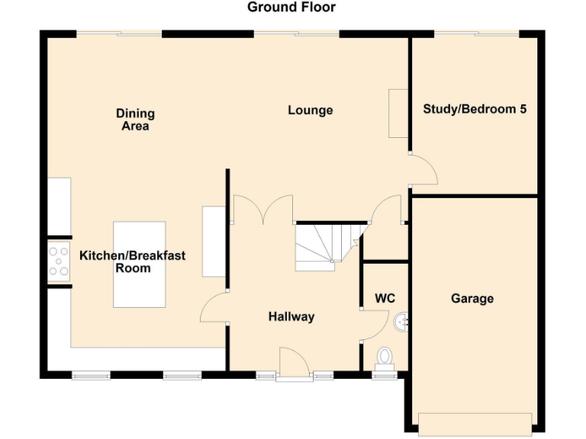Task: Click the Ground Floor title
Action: pyautogui.click(x=291, y=8)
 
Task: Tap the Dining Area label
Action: pyautogui.click(x=135, y=120)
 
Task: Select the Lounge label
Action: pyautogui.click(x=310, y=111)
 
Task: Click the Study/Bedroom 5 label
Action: pyautogui.click(x=475, y=109)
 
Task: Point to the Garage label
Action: pyautogui.click(x=472, y=299)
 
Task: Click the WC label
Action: pyautogui.click(x=385, y=298)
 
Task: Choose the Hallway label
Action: pyautogui.click(x=291, y=317)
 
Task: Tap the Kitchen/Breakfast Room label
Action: pyautogui.click(x=133, y=262)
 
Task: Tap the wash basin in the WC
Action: pyautogui.click(x=401, y=323)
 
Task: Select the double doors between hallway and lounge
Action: pyautogui.click(x=262, y=210)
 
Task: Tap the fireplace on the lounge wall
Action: pyautogui.click(x=398, y=114)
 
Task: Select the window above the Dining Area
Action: pyautogui.click(x=119, y=33)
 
